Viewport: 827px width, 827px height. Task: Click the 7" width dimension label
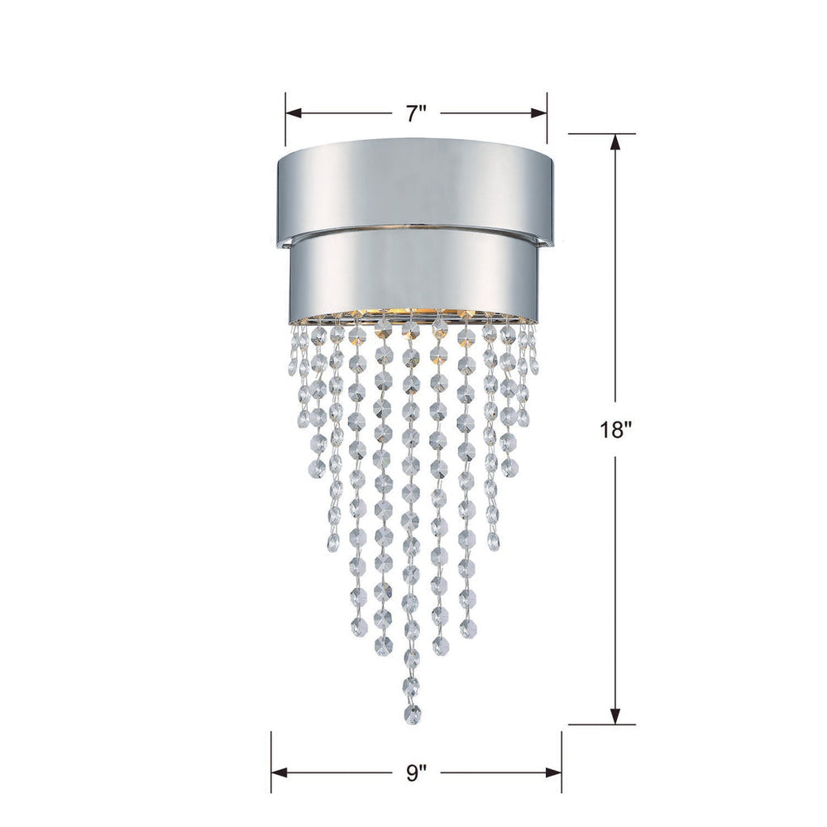click(x=416, y=114)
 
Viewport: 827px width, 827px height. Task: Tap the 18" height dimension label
click(x=615, y=431)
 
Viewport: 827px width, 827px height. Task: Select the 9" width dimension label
click(x=417, y=774)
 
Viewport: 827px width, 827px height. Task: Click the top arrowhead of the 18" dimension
click(x=615, y=141)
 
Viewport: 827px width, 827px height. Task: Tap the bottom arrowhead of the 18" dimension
click(x=615, y=717)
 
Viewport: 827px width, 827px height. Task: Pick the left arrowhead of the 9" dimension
click(x=278, y=774)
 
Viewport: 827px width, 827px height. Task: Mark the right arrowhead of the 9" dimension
click(x=555, y=774)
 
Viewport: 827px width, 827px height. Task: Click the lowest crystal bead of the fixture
click(x=411, y=712)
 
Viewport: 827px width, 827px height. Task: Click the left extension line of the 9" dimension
click(x=271, y=761)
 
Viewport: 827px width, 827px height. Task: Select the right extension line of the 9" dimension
click(x=562, y=761)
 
